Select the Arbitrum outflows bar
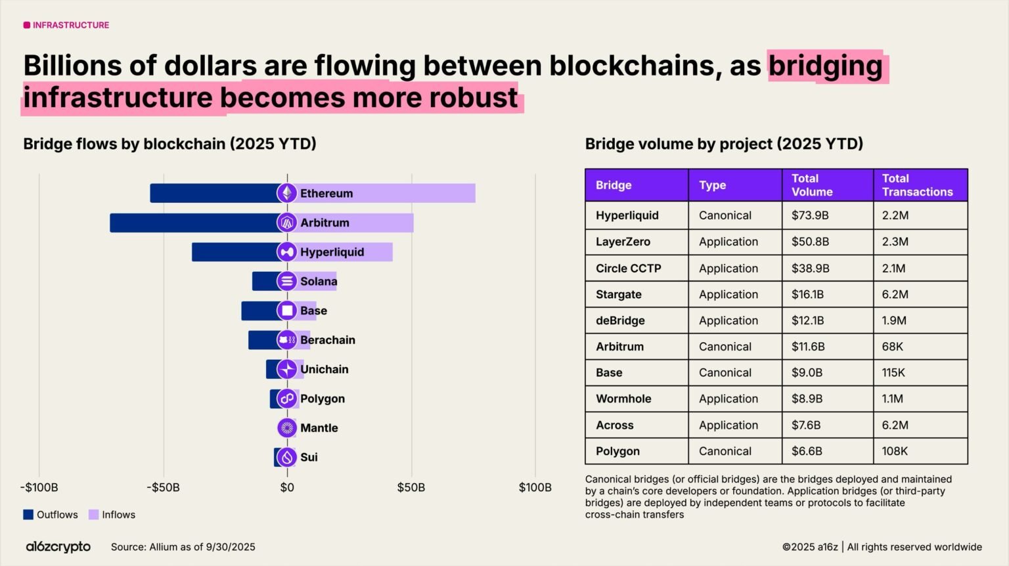(193, 223)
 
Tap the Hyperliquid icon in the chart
(286, 252)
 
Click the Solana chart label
(319, 281)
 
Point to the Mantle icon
(286, 428)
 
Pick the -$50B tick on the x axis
(163, 487)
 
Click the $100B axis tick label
(535, 487)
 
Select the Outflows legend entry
(51, 515)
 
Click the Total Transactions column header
(917, 185)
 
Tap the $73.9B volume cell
(810, 215)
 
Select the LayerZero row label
(623, 242)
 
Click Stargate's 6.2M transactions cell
(895, 294)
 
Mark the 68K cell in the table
(892, 346)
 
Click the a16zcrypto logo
(58, 546)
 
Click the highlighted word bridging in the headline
(826, 66)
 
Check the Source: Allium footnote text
(183, 547)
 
